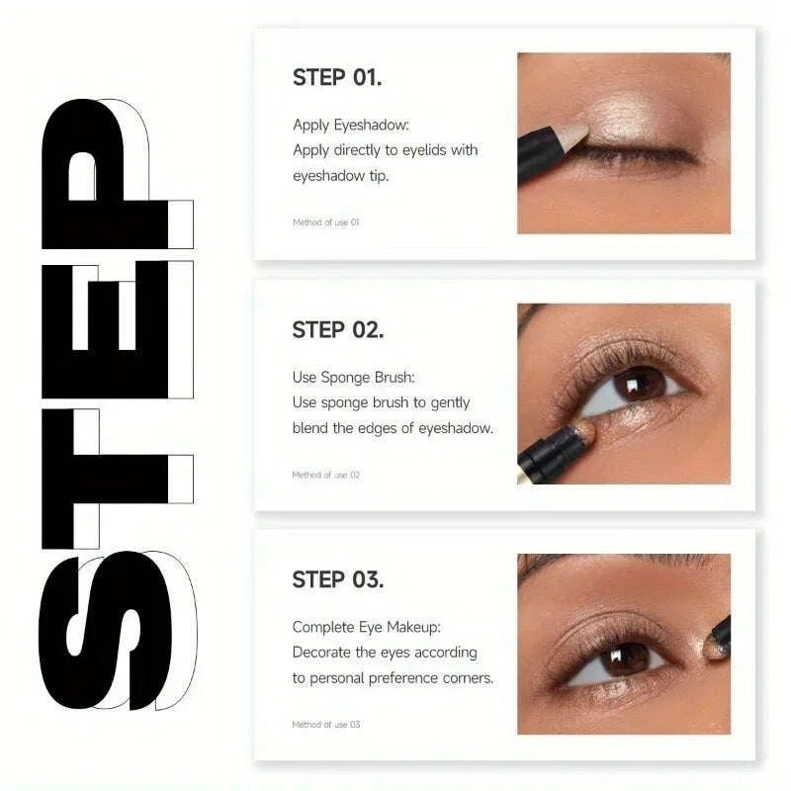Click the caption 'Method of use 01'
coord(325,222)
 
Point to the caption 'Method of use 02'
coord(325,475)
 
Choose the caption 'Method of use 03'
coord(325,725)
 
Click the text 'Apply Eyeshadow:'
coord(351,125)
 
